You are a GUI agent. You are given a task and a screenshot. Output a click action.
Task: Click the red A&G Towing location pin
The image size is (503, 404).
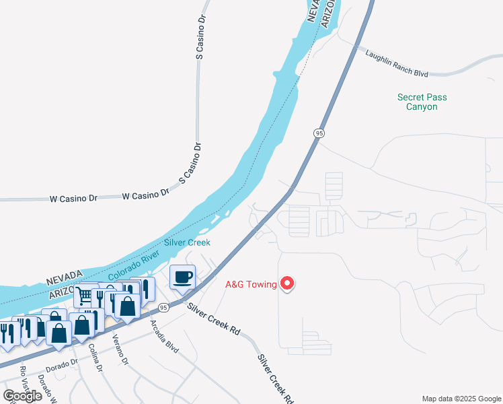click(x=287, y=283)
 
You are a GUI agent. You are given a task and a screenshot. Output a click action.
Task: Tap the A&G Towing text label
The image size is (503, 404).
click(x=251, y=284)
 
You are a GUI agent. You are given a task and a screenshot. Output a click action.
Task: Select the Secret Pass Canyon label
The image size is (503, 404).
click(x=422, y=102)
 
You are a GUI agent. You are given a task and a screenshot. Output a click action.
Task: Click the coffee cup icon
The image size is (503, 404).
click(x=183, y=276)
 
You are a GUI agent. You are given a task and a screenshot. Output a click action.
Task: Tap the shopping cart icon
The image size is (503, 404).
click(x=85, y=295)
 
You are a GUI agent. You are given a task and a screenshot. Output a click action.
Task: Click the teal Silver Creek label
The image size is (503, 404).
click(x=188, y=242)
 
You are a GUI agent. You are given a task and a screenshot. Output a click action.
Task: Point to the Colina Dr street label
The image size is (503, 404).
click(x=95, y=358)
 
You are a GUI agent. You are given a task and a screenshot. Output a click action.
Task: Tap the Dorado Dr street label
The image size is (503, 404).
click(x=62, y=364)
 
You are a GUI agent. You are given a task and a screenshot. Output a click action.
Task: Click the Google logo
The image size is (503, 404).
click(x=22, y=396)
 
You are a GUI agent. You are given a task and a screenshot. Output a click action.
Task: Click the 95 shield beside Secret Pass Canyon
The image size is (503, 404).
click(x=319, y=133)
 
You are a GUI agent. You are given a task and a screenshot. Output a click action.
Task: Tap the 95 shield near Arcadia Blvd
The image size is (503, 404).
click(x=163, y=308)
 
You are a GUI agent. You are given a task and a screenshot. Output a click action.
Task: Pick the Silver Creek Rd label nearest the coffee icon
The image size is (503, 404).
click(x=214, y=320)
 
